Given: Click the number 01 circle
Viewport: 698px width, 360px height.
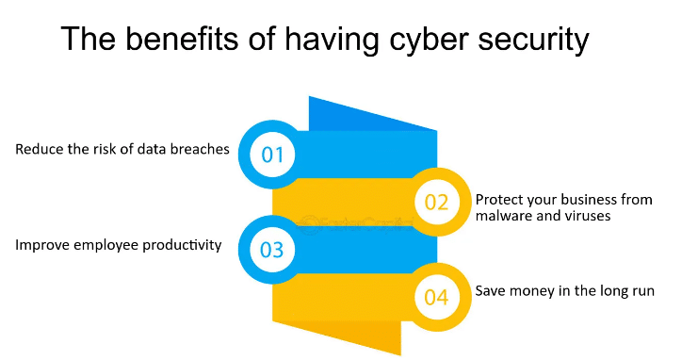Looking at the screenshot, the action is (x=272, y=153).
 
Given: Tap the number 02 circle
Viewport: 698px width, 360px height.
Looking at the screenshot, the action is (x=436, y=201).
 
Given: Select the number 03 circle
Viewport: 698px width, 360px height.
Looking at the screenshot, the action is (x=272, y=250).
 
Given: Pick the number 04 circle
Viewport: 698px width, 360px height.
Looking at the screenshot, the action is (x=436, y=298).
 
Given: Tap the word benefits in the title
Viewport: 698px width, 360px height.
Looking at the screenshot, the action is (x=177, y=41).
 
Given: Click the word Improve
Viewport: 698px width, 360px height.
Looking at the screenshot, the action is (x=41, y=245).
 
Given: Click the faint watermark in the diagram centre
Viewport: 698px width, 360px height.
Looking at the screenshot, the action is (x=354, y=224).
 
